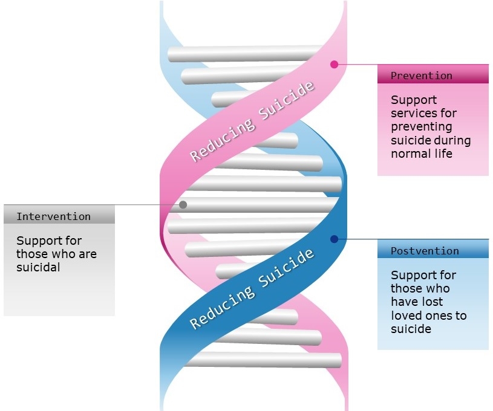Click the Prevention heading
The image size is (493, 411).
pos(421,76)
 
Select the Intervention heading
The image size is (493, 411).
pos(53,216)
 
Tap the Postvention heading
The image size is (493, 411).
pos(425,251)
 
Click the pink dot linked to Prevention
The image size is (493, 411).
pos(335,65)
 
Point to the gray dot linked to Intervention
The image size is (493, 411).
pos(183,205)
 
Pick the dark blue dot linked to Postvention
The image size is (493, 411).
pos(335,239)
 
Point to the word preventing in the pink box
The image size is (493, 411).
pos(421,127)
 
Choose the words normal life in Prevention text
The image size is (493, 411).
pos(422,154)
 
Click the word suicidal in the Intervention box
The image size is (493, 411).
pos(38,267)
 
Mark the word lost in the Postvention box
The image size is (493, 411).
pos(434,302)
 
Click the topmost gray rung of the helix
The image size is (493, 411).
pos(244,54)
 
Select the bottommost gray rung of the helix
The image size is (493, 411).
pos(263,360)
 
